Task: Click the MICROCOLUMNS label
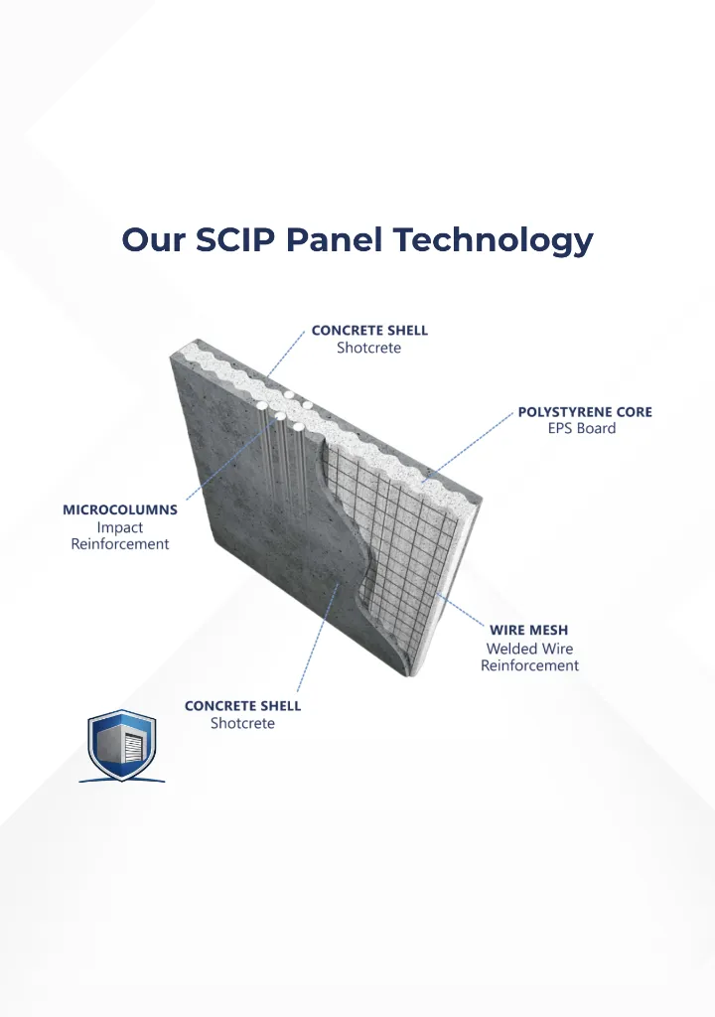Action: [x=120, y=509]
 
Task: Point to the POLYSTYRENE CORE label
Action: [x=585, y=412]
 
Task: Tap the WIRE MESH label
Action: [x=528, y=630]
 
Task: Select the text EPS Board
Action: [x=582, y=428]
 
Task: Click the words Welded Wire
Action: [x=529, y=649]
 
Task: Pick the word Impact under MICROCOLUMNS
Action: [x=120, y=528]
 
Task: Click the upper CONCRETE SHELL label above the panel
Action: [x=369, y=330]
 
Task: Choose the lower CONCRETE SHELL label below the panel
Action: [x=242, y=706]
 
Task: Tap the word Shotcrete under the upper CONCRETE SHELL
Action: [x=368, y=348]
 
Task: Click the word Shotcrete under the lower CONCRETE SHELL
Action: [x=242, y=723]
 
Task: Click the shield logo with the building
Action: [x=122, y=745]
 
